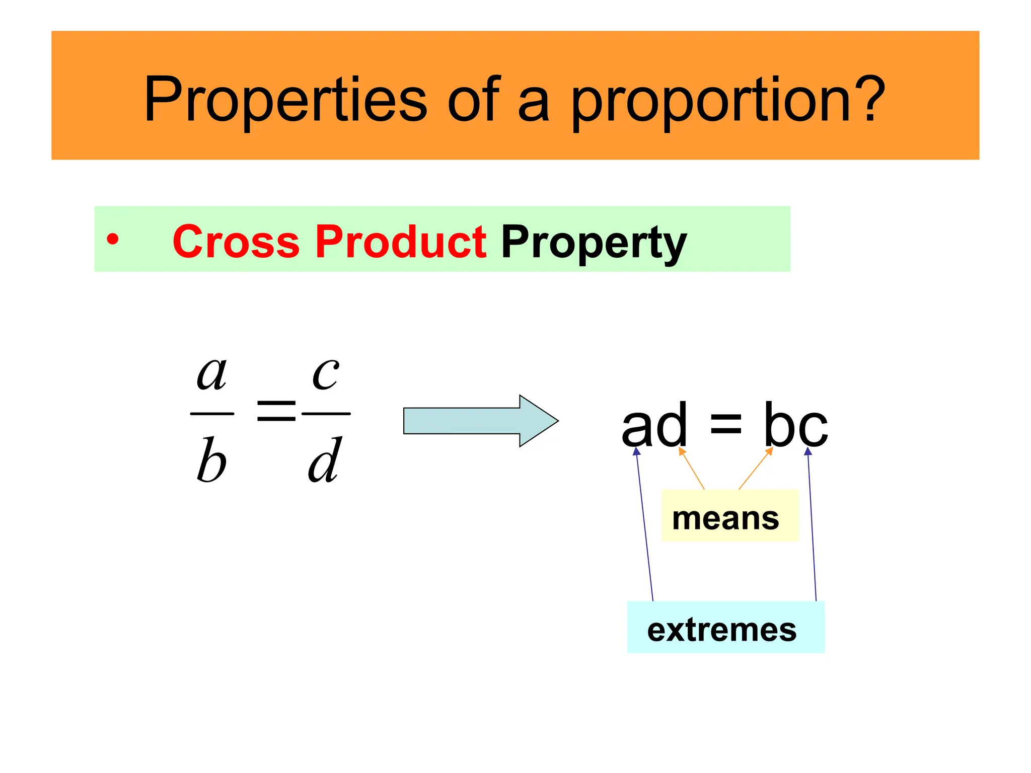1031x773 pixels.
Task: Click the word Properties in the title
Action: (285, 99)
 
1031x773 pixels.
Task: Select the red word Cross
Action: (236, 242)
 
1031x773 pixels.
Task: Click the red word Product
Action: (401, 242)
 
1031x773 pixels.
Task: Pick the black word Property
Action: (594, 243)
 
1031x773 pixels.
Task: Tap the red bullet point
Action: (113, 240)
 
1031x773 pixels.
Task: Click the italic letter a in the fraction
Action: (211, 374)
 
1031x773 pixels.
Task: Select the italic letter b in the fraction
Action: (211, 459)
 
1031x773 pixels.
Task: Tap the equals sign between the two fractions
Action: (276, 410)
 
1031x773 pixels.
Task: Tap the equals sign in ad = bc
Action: (725, 425)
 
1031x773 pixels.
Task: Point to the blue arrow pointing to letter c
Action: (812, 523)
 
